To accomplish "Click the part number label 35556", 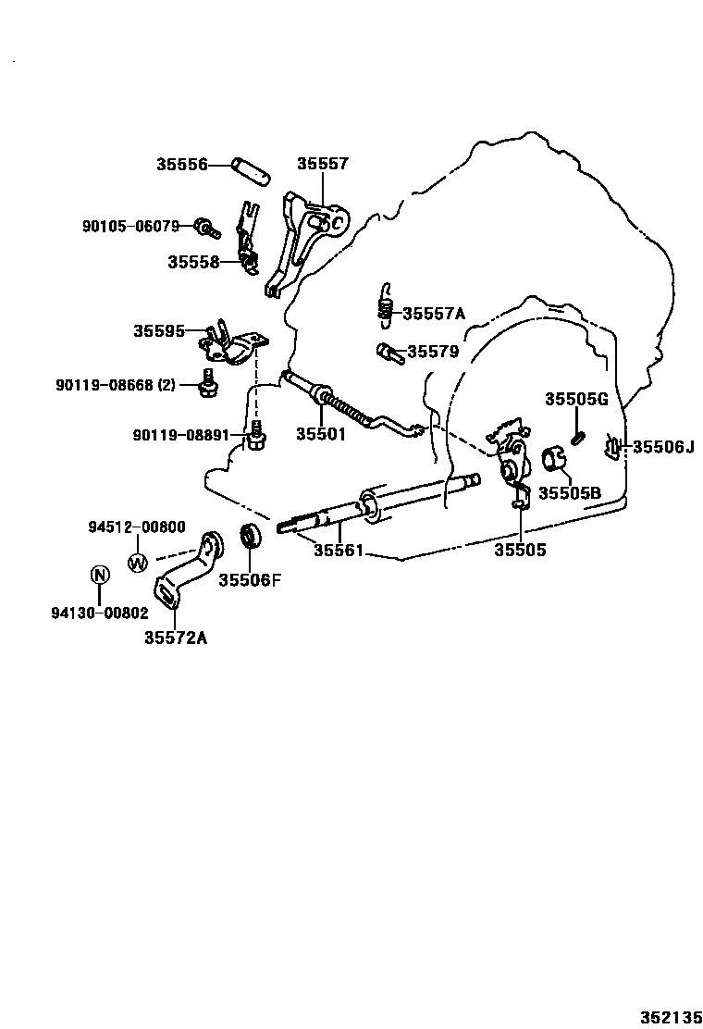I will [180, 165].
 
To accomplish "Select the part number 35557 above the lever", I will [322, 164].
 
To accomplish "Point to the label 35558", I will [193, 262].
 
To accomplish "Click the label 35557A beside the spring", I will [434, 314].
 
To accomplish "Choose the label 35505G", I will [575, 399].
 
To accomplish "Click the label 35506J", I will [662, 447].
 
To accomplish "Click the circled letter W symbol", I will [137, 562].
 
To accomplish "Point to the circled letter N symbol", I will [99, 575].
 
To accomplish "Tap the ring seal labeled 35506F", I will [249, 537].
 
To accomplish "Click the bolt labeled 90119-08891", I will [256, 437].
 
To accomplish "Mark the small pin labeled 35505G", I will [577, 436].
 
